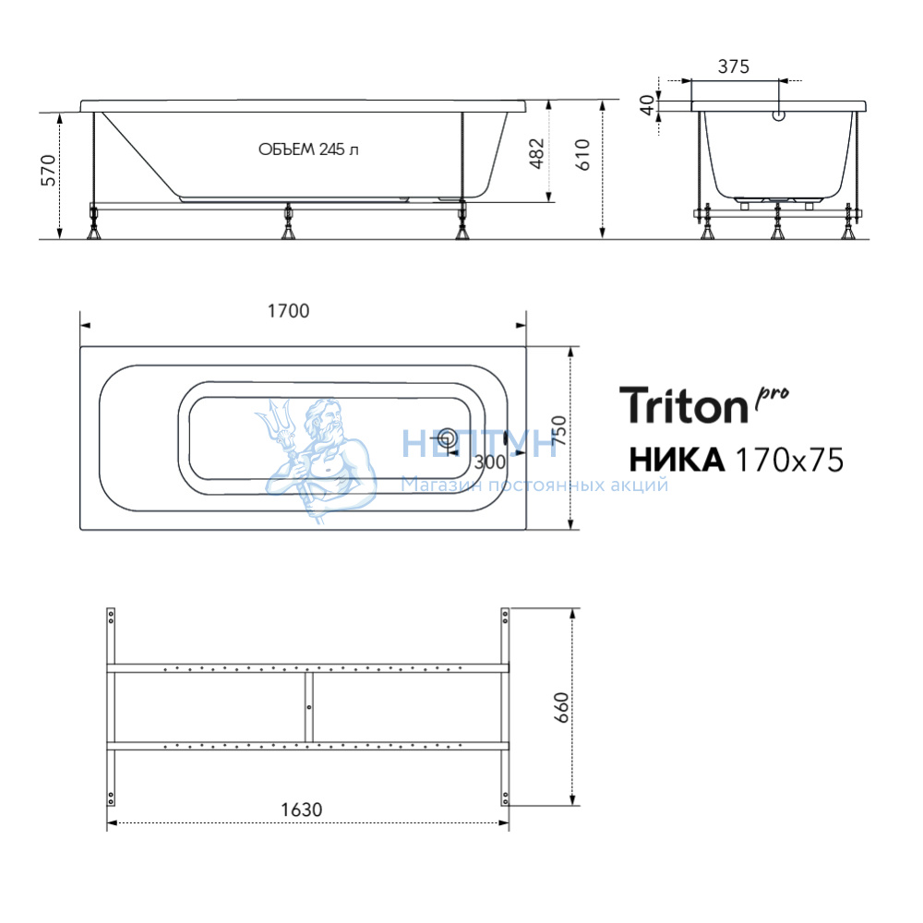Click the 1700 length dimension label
[288, 311]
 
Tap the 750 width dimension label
[560, 430]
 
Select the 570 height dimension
[48, 171]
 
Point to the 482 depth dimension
[537, 153]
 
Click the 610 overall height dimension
[582, 155]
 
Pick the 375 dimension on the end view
[734, 66]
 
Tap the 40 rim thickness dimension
[648, 105]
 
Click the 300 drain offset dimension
[490, 462]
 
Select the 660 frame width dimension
[561, 707]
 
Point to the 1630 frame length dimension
[302, 810]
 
